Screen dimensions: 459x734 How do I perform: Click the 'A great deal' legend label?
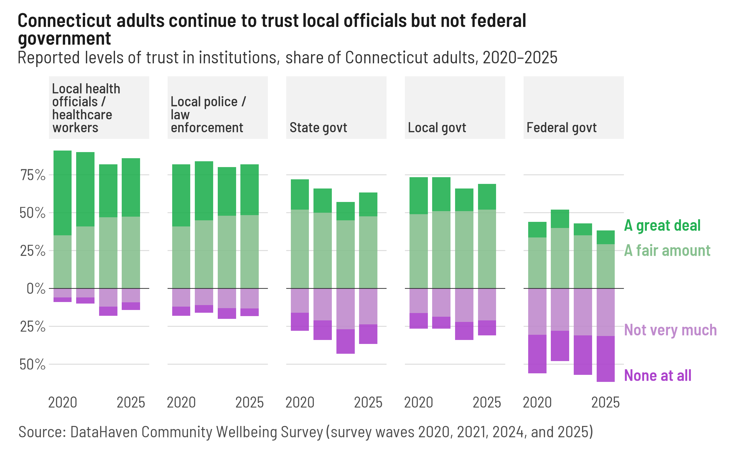pyautogui.click(x=662, y=226)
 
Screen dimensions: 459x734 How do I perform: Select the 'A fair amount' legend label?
pyautogui.click(x=667, y=251)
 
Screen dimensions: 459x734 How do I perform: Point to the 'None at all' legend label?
pyautogui.click(x=658, y=375)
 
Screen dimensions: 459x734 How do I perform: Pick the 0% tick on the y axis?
pyautogui.click(x=36, y=289)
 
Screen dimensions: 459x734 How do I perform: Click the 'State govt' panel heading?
pyautogui.click(x=318, y=128)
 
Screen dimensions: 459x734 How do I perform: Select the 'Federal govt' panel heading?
pyautogui.click(x=562, y=128)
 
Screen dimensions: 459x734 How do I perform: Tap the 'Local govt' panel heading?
pyautogui.click(x=437, y=128)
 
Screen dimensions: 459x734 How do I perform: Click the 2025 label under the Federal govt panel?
pyautogui.click(x=605, y=402)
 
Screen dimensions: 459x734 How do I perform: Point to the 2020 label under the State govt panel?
pyautogui.click(x=300, y=402)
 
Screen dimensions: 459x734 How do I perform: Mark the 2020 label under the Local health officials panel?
pyautogui.click(x=63, y=402)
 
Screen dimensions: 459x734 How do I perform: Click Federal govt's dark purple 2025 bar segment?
pyautogui.click(x=606, y=359)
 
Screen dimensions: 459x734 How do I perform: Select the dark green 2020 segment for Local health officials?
pyautogui.click(x=63, y=193)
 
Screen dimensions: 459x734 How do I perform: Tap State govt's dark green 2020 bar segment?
pyautogui.click(x=300, y=194)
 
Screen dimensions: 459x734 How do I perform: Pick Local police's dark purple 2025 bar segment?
pyautogui.click(x=250, y=312)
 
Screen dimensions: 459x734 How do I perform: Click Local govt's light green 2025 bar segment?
pyautogui.click(x=487, y=249)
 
